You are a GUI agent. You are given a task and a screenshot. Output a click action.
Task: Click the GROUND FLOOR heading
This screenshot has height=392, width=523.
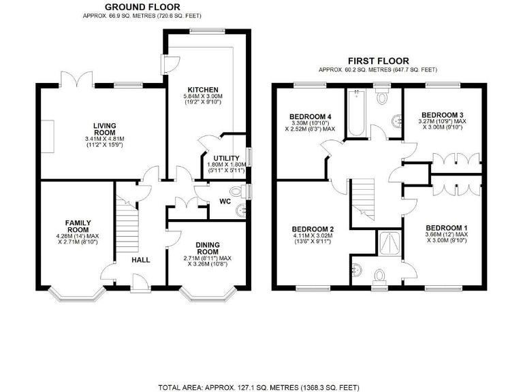pyautogui.click(x=143, y=7)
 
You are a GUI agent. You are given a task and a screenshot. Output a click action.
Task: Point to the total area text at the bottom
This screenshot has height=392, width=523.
pyautogui.click(x=259, y=387)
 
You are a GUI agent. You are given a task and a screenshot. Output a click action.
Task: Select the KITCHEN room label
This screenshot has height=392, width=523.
pyautogui.click(x=203, y=90)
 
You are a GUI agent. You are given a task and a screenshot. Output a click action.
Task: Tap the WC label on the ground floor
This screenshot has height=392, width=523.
pyautogui.click(x=225, y=201)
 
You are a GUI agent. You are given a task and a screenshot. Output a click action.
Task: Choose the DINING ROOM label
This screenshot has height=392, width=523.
pyautogui.click(x=207, y=248)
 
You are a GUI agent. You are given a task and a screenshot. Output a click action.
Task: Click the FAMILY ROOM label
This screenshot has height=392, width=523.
pyautogui.click(x=78, y=227)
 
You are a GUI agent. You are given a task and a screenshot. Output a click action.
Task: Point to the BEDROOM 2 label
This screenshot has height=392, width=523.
pyautogui.click(x=312, y=229)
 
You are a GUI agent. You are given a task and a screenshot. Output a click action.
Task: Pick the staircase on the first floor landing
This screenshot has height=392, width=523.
pyautogui.click(x=365, y=197)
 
